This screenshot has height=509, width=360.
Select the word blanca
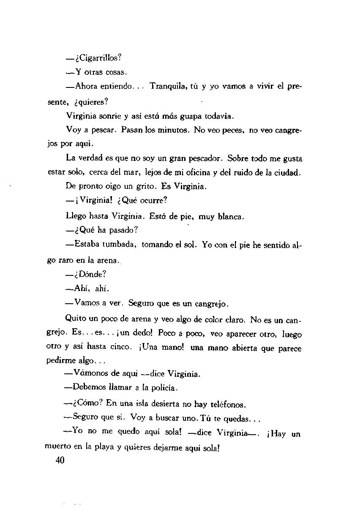point(229,217)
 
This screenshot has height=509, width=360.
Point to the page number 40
point(59,460)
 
